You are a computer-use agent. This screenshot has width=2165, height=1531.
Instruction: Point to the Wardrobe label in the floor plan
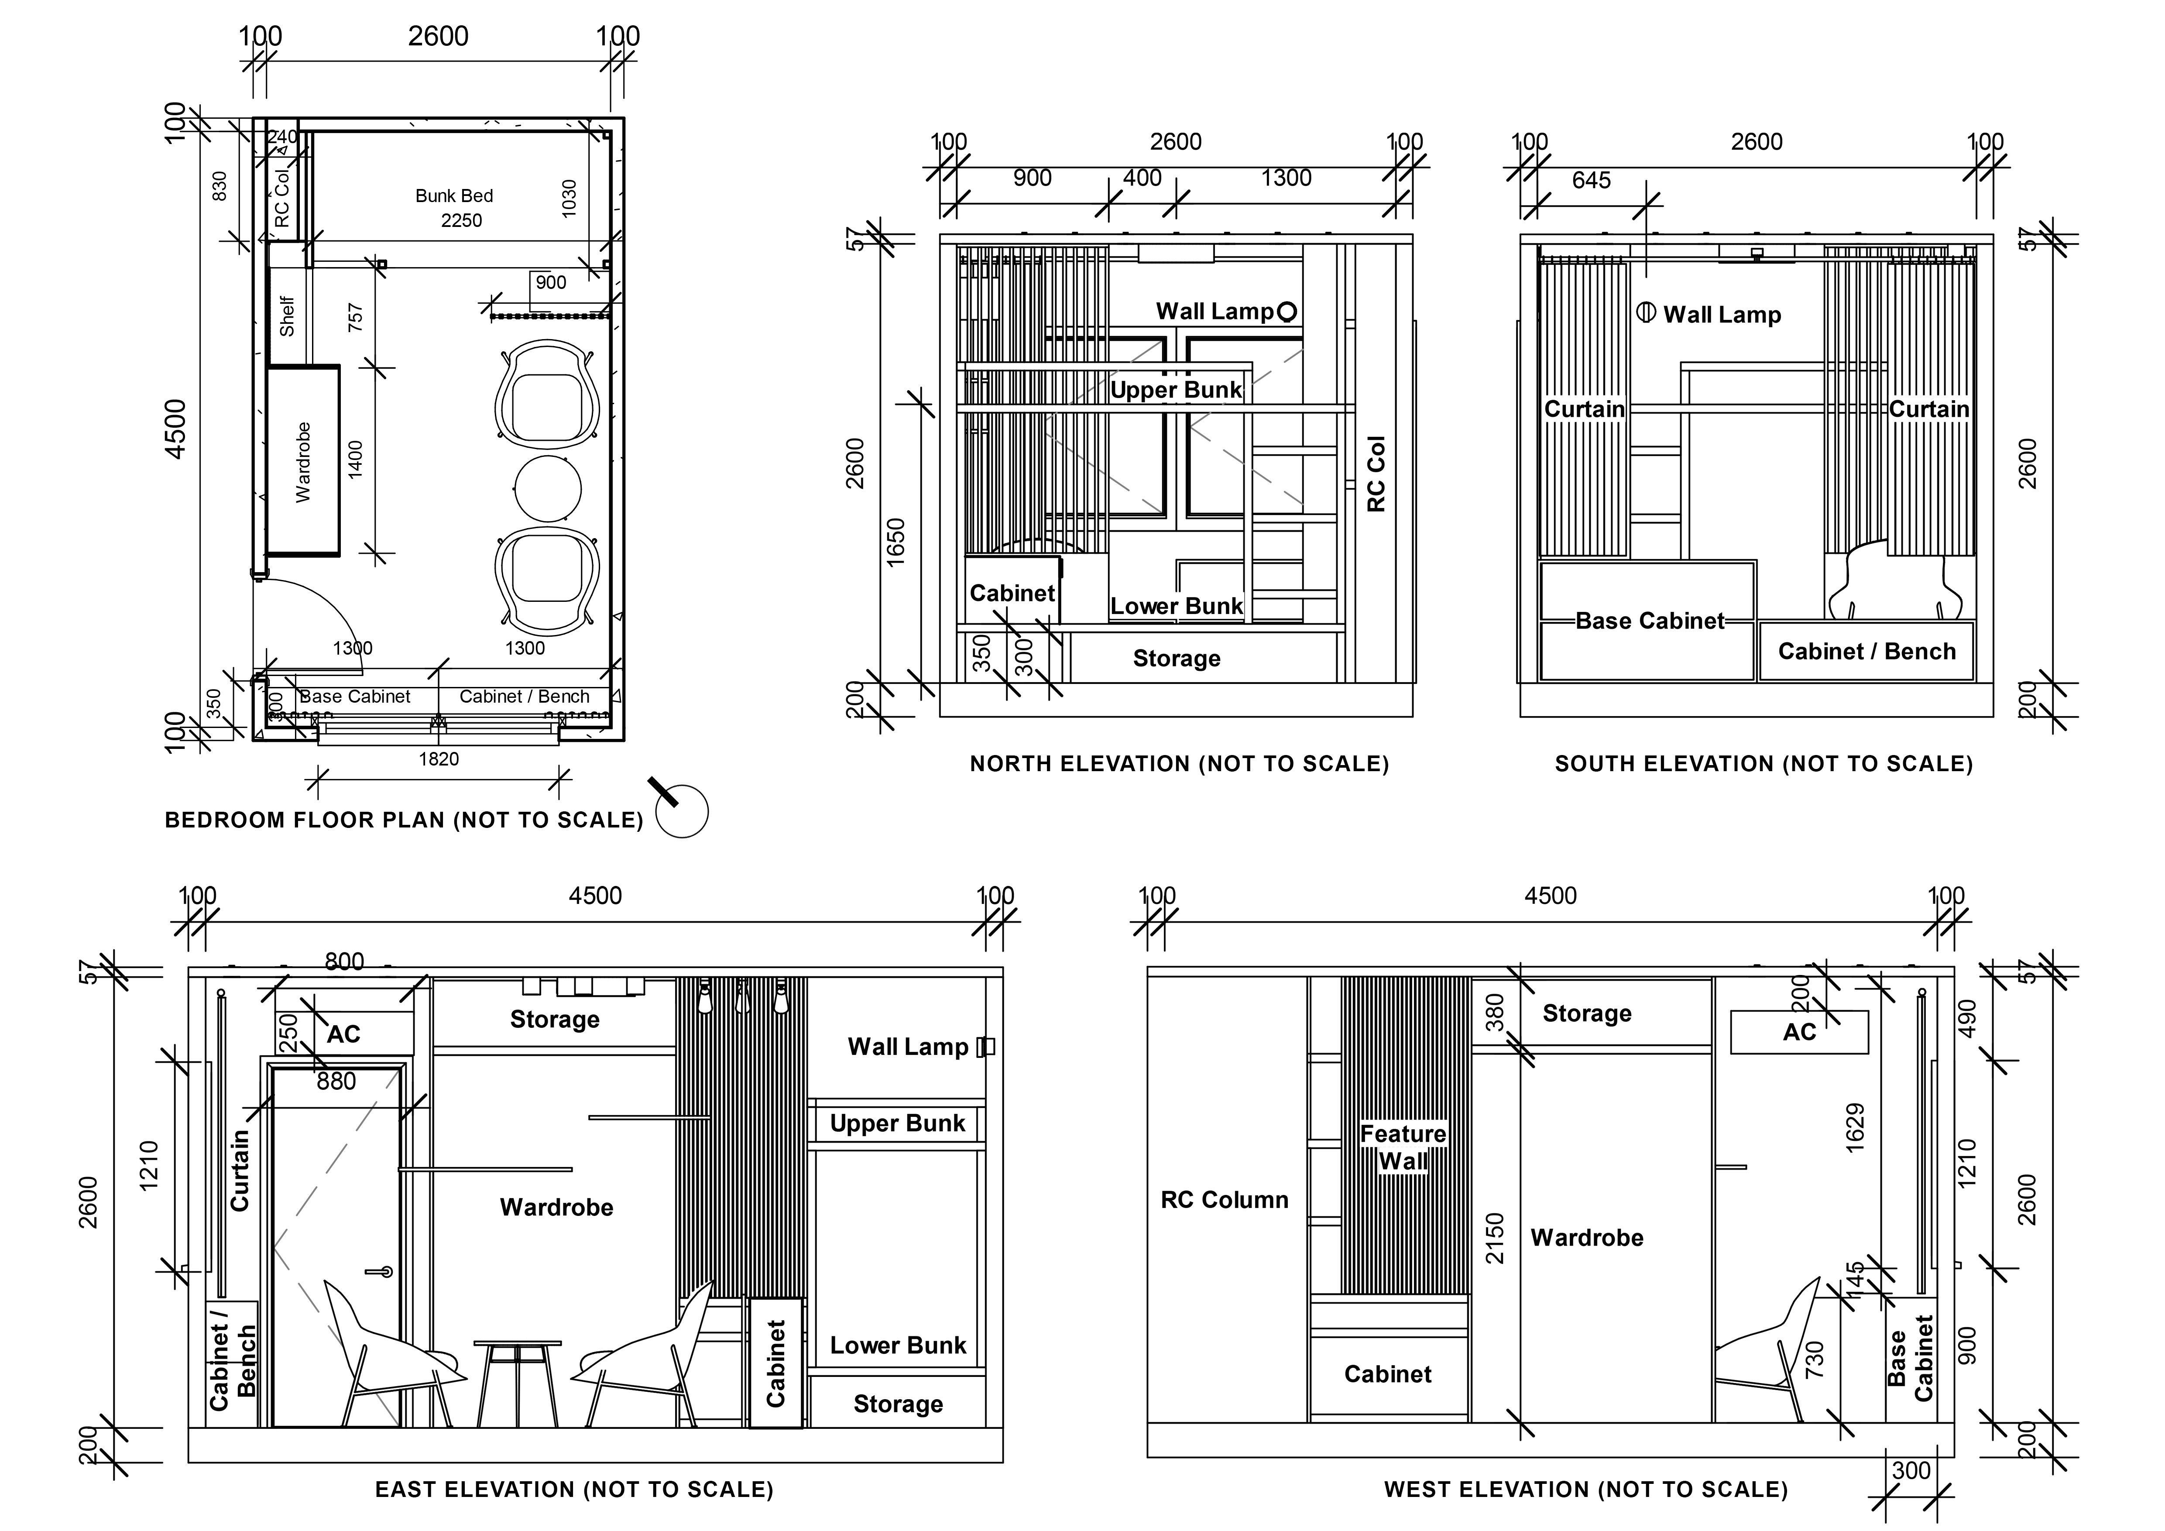click(x=303, y=462)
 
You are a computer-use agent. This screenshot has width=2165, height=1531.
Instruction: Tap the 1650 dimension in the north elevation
click(x=896, y=542)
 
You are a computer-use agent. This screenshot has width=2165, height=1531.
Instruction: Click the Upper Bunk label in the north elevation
click(x=1176, y=390)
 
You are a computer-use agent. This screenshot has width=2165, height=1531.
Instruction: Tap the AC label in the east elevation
click(x=343, y=1034)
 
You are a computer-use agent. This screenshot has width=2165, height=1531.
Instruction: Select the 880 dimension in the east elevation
click(x=336, y=1081)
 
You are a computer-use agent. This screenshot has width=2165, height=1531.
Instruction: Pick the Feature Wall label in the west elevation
click(x=1403, y=1147)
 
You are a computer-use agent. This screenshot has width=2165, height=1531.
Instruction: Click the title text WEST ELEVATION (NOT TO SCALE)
click(x=1586, y=1490)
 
